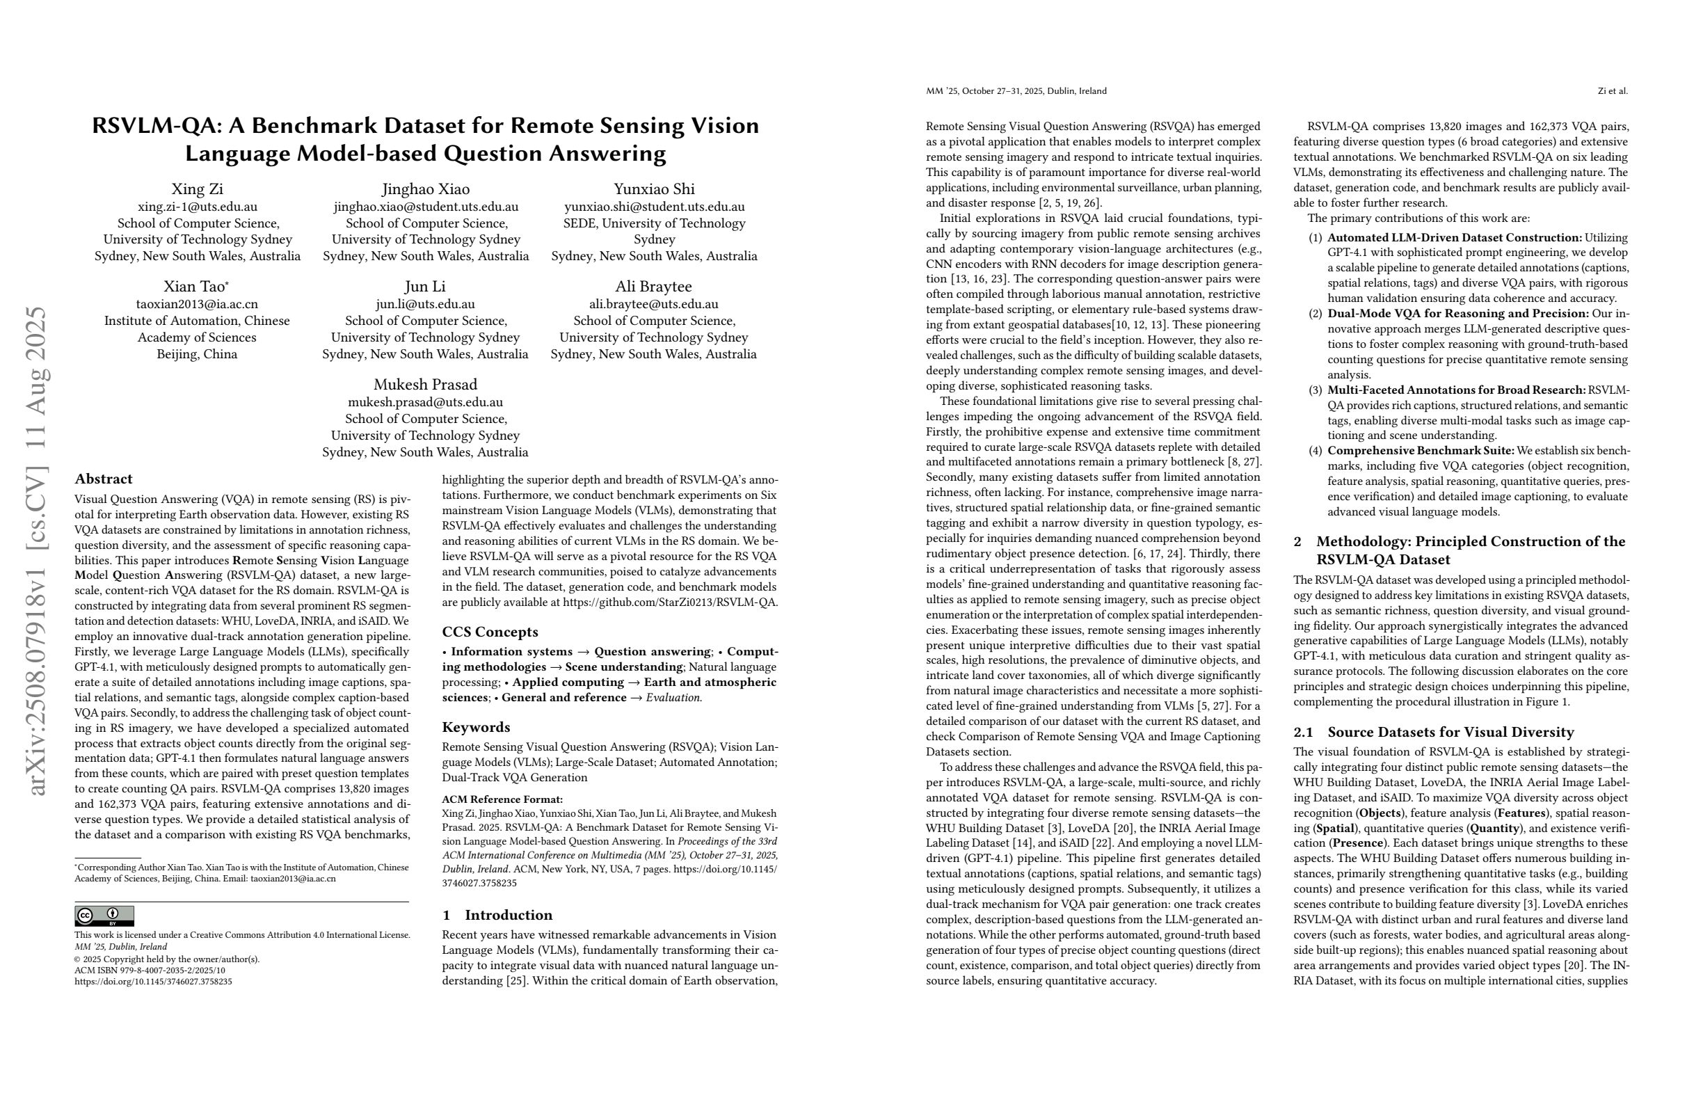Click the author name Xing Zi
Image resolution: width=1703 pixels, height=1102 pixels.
pos(197,189)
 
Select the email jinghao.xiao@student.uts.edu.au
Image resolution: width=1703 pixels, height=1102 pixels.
pos(426,207)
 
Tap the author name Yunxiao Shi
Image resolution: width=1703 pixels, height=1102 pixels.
pos(654,189)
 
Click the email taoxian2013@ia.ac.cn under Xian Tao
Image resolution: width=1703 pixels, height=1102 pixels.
pos(197,304)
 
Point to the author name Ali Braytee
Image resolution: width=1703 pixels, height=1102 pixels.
pos(653,286)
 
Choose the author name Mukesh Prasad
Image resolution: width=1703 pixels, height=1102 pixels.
pos(425,384)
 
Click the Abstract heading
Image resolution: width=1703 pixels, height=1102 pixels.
pos(103,479)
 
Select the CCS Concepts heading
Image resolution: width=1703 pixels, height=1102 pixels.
pos(490,632)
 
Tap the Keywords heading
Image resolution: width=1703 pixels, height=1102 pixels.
pos(476,727)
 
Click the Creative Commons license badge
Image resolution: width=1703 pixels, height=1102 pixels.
pos(104,916)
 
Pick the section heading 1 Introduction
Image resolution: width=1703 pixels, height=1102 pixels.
pos(497,915)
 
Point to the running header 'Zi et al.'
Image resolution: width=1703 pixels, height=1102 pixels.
pos(1612,91)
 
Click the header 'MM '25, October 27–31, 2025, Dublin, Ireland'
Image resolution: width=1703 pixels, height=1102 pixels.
pos(1016,91)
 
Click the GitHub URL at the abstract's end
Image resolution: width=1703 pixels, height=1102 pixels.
pos(670,602)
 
